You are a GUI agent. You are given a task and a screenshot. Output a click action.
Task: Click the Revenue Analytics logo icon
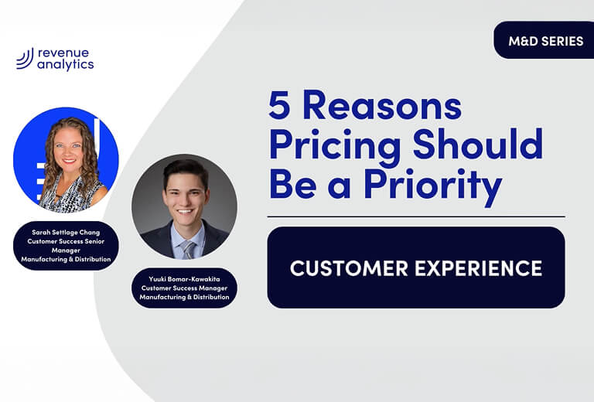[x=24, y=59]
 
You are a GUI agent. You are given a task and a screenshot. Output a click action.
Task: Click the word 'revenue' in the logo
[x=64, y=53]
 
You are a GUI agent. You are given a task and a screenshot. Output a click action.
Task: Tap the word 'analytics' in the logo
[x=66, y=65]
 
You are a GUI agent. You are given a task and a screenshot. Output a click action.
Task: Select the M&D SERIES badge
[x=545, y=41]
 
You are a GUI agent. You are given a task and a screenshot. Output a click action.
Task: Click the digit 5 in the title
[x=280, y=105]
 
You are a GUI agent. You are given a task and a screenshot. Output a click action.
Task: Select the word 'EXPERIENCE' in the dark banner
[x=483, y=268]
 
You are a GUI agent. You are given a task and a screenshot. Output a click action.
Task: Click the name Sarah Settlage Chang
[x=66, y=232]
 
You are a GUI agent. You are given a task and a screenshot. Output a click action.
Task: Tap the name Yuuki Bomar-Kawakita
[x=184, y=279]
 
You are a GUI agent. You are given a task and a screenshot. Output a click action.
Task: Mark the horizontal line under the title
[x=416, y=216]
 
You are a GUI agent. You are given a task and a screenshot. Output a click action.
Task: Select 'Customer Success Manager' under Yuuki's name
[x=184, y=288]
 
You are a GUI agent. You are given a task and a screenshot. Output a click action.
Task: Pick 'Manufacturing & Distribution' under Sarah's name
[x=66, y=259]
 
